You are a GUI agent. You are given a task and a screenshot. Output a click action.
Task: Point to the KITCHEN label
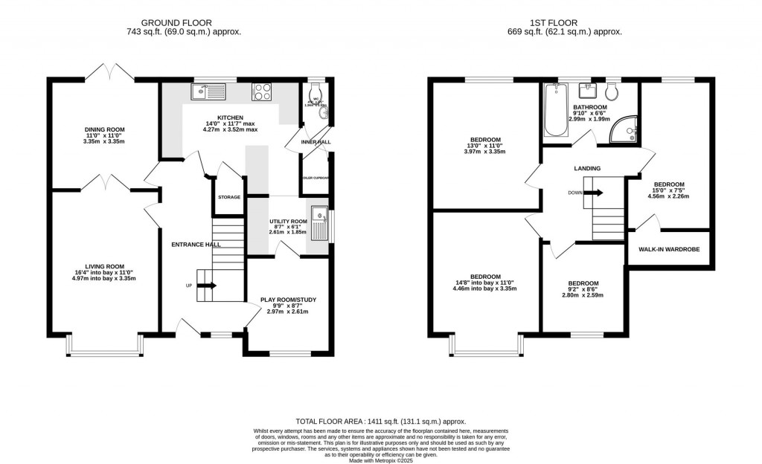[231, 118]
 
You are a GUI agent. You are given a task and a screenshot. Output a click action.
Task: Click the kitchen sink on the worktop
[208, 91]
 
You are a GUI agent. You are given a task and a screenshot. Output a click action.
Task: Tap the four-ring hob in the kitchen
[263, 91]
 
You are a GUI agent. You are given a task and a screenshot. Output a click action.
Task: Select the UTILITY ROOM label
[288, 222]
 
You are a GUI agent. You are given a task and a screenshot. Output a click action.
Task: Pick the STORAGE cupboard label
[229, 197]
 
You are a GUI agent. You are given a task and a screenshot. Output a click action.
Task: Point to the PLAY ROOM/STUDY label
[288, 300]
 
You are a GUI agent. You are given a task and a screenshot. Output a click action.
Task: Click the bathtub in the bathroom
[555, 111]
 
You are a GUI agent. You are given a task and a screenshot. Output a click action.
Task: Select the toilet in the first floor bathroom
[612, 92]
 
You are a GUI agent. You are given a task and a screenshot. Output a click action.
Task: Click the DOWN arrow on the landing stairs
[593, 193]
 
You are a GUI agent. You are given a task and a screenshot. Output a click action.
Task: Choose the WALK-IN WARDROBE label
[668, 249]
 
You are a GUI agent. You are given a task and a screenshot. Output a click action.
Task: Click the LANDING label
[587, 169]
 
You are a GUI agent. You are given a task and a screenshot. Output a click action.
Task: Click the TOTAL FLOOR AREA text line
[381, 420]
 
